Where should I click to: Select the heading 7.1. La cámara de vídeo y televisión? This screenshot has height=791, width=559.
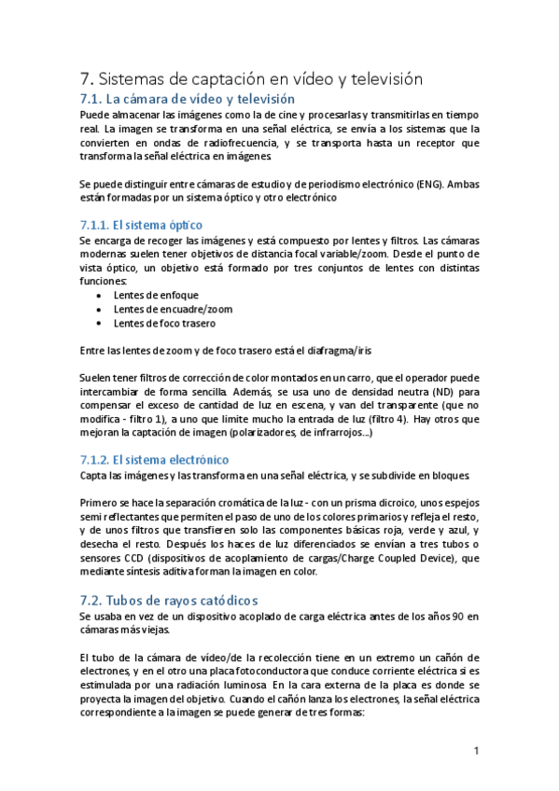tap(187, 99)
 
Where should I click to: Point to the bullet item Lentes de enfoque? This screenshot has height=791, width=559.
tap(156, 296)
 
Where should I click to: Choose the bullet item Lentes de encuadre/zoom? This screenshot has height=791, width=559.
tap(173, 310)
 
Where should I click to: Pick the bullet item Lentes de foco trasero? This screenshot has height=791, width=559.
tap(164, 324)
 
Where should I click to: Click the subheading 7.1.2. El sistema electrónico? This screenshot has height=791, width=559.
tap(154, 461)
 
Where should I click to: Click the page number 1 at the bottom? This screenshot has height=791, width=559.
tap(476, 751)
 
